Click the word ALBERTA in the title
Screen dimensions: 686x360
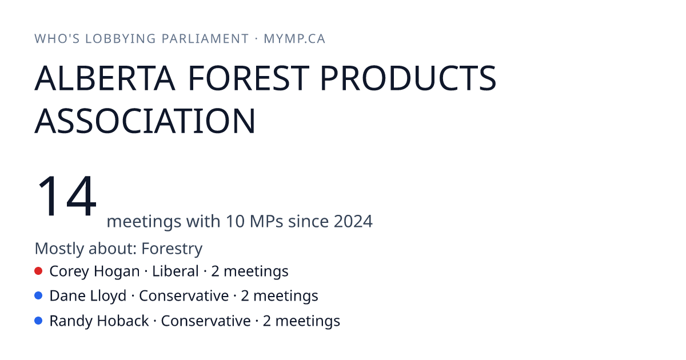pyautogui.click(x=105, y=78)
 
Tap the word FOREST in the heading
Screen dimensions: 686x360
pyautogui.click(x=249, y=78)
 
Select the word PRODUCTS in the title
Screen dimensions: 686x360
pyautogui.click(x=408, y=78)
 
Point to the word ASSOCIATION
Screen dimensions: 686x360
pyautogui.click(x=145, y=121)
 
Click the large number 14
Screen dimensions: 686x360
pyautogui.click(x=66, y=195)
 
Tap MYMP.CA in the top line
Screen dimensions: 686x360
pyautogui.click(x=294, y=39)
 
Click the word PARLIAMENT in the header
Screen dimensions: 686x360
pyautogui.click(x=205, y=39)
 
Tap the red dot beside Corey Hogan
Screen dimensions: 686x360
pyautogui.click(x=38, y=271)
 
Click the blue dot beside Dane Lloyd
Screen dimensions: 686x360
pyautogui.click(x=38, y=295)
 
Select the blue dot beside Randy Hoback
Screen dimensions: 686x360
pyautogui.click(x=38, y=321)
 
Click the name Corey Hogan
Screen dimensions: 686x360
pyautogui.click(x=95, y=272)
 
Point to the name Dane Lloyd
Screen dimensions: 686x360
pyautogui.click(x=88, y=297)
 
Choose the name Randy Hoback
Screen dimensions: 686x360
pyautogui.click(x=99, y=321)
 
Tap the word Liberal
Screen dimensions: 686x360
pyautogui.click(x=176, y=271)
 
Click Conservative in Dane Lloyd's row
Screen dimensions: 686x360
pyautogui.click(x=184, y=296)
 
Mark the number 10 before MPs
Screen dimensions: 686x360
pyautogui.click(x=235, y=221)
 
